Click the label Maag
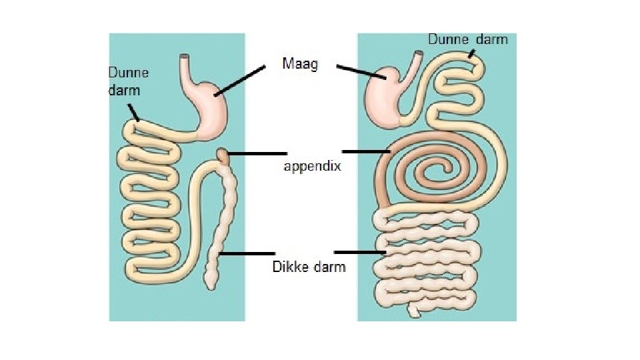[x=300, y=65]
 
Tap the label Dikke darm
[x=309, y=267]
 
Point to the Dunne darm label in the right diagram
[x=467, y=39]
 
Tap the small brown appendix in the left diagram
[x=223, y=157]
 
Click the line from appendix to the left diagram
[x=250, y=154]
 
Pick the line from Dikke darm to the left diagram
[x=247, y=253]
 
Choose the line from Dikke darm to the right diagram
[x=361, y=252]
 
